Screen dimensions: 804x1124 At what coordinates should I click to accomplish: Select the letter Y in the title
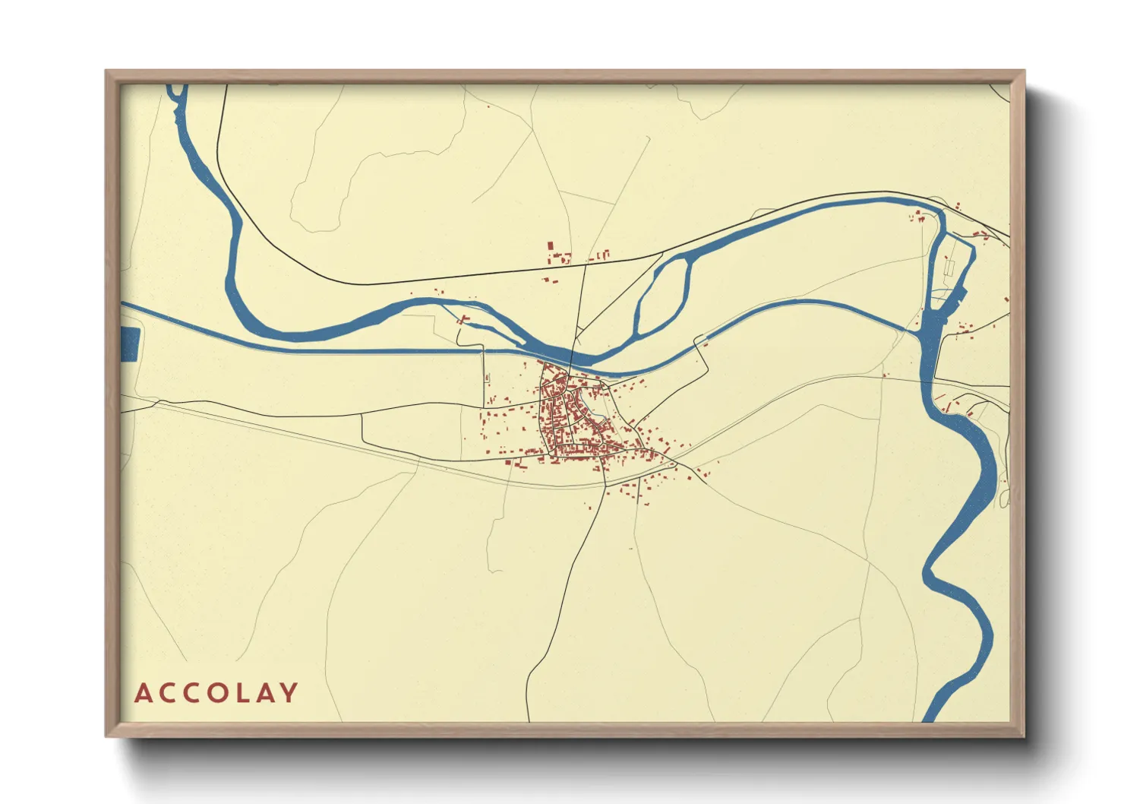click(x=289, y=693)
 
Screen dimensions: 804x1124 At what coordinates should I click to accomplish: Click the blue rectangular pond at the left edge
click(x=130, y=344)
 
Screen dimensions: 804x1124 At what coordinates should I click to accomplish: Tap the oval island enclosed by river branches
click(x=662, y=294)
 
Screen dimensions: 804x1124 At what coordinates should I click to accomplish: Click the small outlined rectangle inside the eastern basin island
click(x=949, y=267)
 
